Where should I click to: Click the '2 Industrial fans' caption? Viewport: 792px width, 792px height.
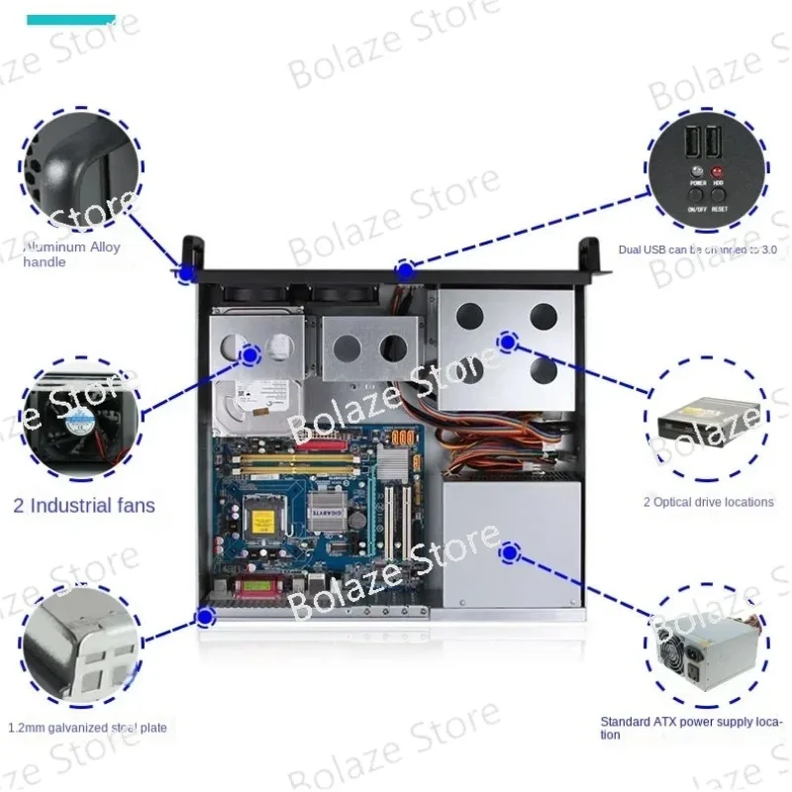[84, 506]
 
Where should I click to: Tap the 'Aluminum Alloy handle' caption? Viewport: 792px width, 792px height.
[71, 253]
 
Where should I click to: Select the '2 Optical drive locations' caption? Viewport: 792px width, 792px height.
[708, 502]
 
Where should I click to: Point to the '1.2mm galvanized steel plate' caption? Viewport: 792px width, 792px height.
[87, 728]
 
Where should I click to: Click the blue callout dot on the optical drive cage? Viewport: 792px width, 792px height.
[507, 343]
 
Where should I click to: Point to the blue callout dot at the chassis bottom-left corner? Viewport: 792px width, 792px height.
[205, 618]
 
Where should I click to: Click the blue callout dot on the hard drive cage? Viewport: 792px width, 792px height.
[249, 353]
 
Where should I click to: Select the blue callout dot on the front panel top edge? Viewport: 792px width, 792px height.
[404, 269]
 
